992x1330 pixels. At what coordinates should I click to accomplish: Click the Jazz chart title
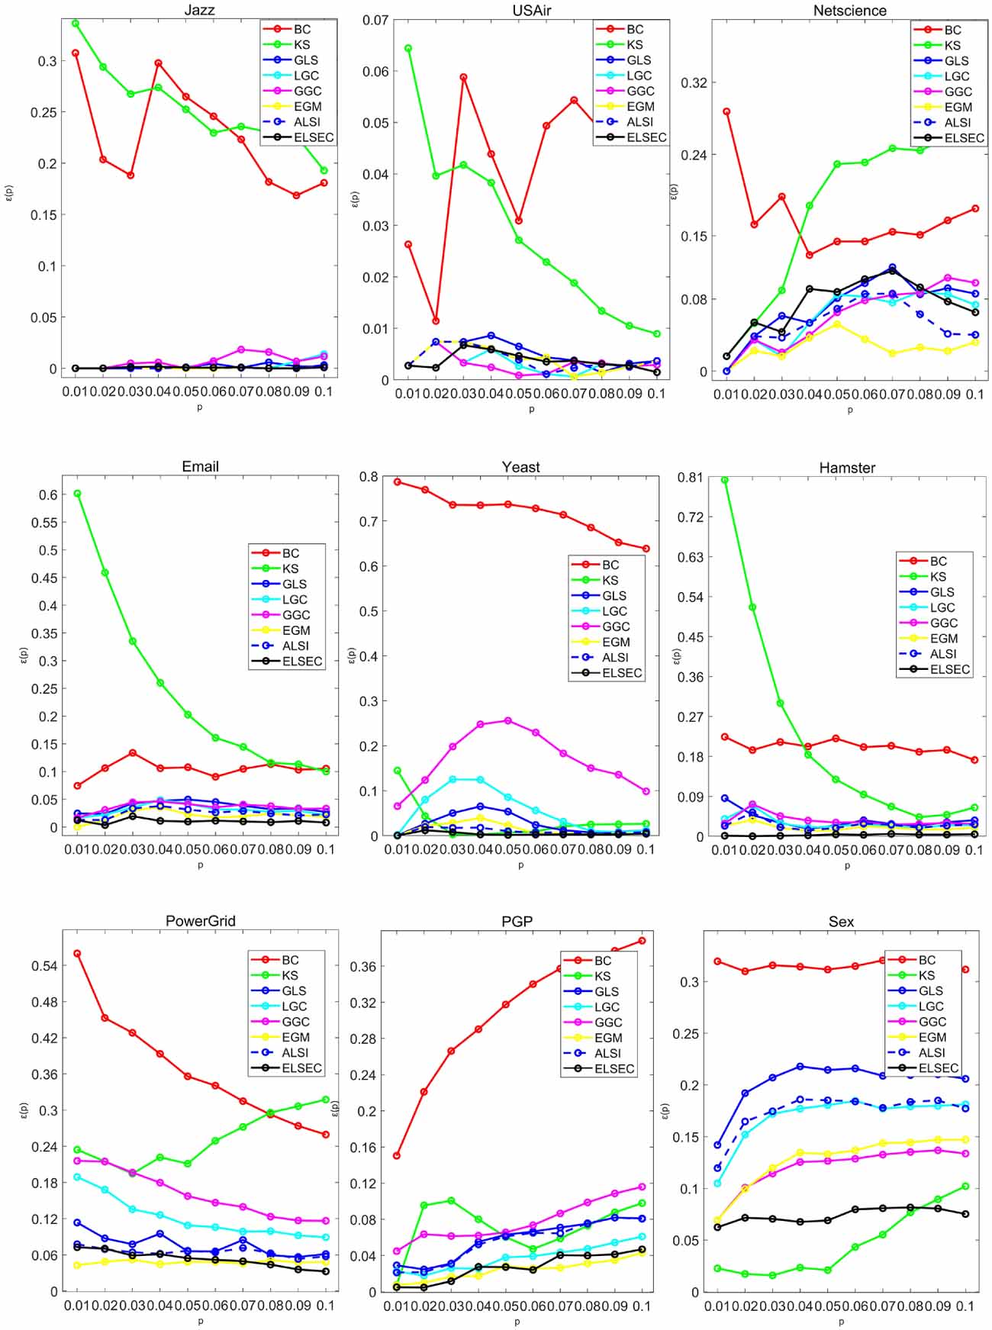tap(200, 10)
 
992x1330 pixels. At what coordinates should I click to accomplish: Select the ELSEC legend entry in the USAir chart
tap(646, 137)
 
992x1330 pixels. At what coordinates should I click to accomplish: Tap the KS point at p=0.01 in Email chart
tap(77, 494)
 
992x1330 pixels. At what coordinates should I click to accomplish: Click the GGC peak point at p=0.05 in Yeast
tap(508, 720)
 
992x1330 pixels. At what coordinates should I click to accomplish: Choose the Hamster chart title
tap(847, 467)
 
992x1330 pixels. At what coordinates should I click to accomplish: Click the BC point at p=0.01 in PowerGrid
tap(77, 954)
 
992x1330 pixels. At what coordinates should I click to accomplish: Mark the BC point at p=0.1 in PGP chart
tap(643, 941)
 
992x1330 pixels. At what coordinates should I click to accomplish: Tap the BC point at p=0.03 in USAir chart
tap(463, 77)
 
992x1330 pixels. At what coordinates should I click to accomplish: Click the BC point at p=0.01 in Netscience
tap(726, 111)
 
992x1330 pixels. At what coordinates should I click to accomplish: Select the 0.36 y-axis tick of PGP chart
tap(362, 967)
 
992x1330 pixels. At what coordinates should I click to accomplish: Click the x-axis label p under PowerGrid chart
tap(201, 1321)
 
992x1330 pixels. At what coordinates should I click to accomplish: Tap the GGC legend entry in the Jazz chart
tap(308, 91)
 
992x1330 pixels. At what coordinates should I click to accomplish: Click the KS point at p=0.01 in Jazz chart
tap(76, 24)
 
